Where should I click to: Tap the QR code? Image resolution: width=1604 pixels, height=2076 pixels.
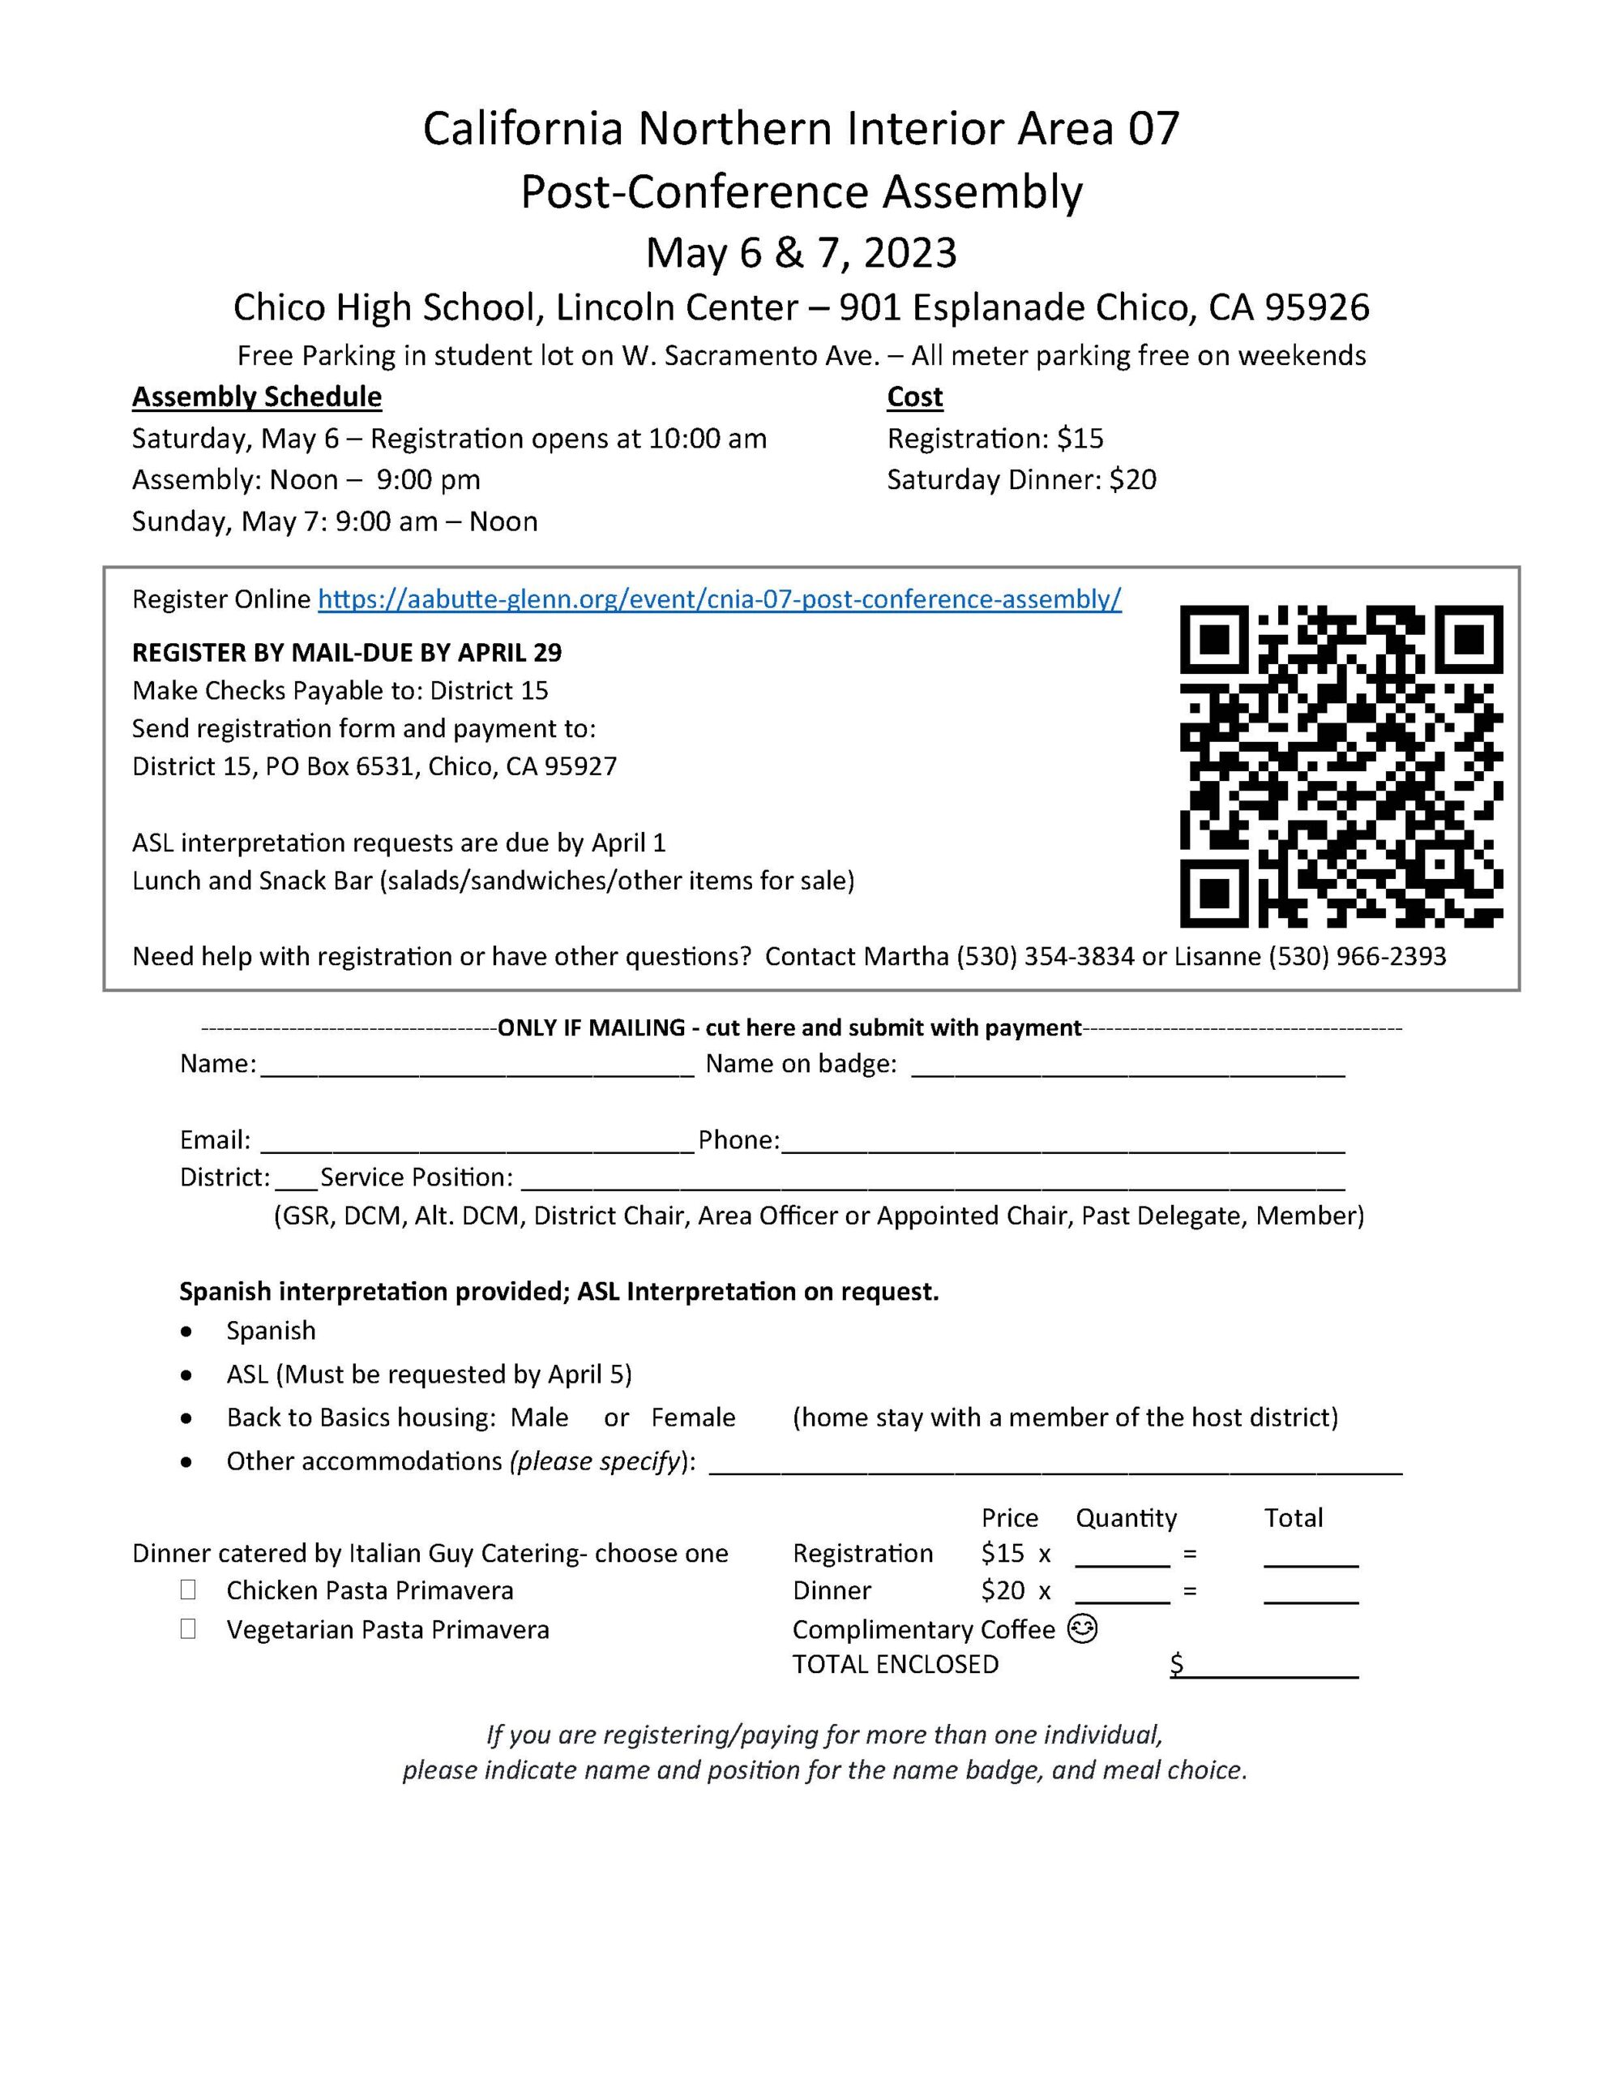coord(1341,766)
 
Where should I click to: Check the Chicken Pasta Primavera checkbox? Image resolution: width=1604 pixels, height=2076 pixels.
coord(188,1589)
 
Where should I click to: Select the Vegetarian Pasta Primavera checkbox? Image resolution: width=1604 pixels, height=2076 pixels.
coord(188,1628)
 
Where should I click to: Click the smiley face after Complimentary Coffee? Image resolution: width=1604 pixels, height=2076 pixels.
coord(1082,1628)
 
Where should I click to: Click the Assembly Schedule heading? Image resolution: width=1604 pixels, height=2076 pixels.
coord(257,397)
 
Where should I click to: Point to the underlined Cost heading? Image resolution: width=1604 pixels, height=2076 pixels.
coord(914,397)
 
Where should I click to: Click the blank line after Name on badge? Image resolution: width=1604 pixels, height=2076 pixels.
coord(1128,1066)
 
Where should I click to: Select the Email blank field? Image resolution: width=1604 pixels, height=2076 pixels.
coord(477,1143)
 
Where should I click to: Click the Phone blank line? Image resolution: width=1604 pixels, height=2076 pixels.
coord(1063,1143)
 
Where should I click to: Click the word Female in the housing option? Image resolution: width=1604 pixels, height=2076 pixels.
coord(693,1418)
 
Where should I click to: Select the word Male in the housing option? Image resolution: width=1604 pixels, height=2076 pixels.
coord(539,1418)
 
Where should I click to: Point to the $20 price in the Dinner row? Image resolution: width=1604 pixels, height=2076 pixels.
coord(1003,1590)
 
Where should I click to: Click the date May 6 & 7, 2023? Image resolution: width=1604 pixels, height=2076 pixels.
coord(801,253)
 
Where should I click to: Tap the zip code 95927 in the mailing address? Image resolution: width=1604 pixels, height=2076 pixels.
coord(580,767)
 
